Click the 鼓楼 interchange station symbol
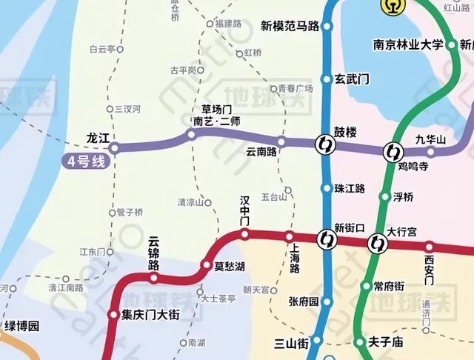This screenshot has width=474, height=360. (324, 143)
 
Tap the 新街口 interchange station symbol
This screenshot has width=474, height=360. (326, 239)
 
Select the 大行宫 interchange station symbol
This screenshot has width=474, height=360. (378, 242)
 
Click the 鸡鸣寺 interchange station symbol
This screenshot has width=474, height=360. (391, 153)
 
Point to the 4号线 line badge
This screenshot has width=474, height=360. (84, 160)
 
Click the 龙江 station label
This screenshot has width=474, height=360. (98, 139)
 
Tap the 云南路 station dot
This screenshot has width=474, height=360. (281, 141)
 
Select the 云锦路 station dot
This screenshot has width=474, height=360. (154, 279)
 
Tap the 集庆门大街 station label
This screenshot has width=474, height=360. (150, 315)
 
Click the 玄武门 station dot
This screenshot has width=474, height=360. (325, 79)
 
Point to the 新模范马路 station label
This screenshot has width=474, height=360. (290, 26)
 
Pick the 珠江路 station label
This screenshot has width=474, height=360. (350, 189)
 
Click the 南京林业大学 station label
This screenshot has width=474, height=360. (407, 44)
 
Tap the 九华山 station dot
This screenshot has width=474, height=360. (431, 152)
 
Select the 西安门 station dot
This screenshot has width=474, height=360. (429, 246)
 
